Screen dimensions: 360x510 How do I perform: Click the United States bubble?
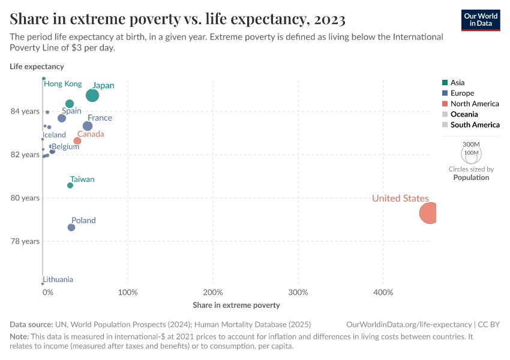[428, 213]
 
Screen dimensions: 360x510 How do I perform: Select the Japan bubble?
[92, 95]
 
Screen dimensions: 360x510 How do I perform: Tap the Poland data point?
[71, 227]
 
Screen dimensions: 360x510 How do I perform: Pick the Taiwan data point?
[70, 185]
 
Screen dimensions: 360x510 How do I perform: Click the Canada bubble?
[77, 141]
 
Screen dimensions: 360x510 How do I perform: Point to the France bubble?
[88, 126]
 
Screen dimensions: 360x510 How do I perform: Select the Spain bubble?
[62, 118]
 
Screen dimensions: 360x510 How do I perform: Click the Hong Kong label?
[63, 84]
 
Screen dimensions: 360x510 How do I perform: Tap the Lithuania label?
[58, 280]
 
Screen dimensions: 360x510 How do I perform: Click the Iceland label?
[55, 135]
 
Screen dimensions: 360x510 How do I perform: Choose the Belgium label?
[65, 146]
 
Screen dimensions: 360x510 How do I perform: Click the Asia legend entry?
[457, 83]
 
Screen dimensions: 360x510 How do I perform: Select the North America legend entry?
[474, 104]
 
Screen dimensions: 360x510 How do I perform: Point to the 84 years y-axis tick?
[25, 112]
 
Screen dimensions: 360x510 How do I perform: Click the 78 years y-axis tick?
[25, 241]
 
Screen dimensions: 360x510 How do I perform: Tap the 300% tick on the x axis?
[298, 293]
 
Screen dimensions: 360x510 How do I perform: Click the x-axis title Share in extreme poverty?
[236, 305]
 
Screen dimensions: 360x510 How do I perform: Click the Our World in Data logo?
[480, 19]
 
